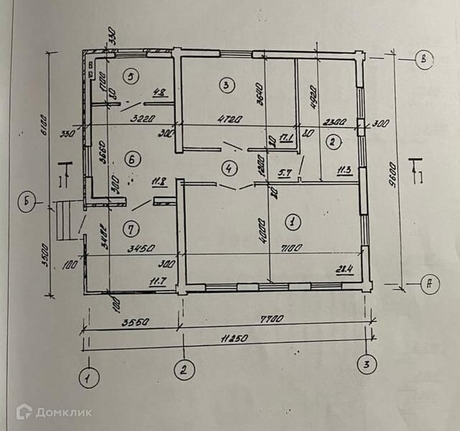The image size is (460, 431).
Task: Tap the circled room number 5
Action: tap(131, 75)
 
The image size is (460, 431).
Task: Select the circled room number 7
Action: tap(130, 229)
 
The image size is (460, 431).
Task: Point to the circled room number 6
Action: tap(131, 161)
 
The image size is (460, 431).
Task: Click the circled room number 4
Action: tap(228, 169)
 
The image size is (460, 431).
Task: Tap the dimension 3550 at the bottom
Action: tap(129, 324)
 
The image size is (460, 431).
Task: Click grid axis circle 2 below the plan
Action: tap(184, 371)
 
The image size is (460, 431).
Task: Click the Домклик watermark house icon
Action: tap(24, 411)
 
